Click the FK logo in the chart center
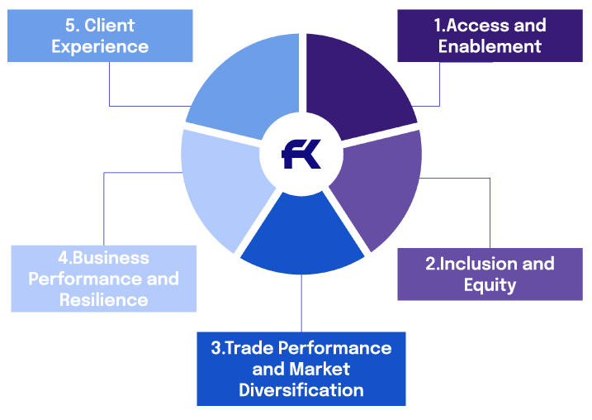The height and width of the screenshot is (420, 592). point(301,155)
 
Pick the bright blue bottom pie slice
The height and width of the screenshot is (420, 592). point(301,236)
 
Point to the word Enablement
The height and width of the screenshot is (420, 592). point(490,45)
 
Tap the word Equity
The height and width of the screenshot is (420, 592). point(490,285)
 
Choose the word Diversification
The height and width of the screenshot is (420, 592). point(301,389)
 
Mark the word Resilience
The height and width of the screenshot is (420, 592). point(103,299)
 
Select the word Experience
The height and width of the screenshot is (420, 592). point(100,45)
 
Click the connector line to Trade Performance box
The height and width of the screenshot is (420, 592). point(301,306)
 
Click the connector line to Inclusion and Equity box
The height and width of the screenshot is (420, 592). point(490,215)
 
